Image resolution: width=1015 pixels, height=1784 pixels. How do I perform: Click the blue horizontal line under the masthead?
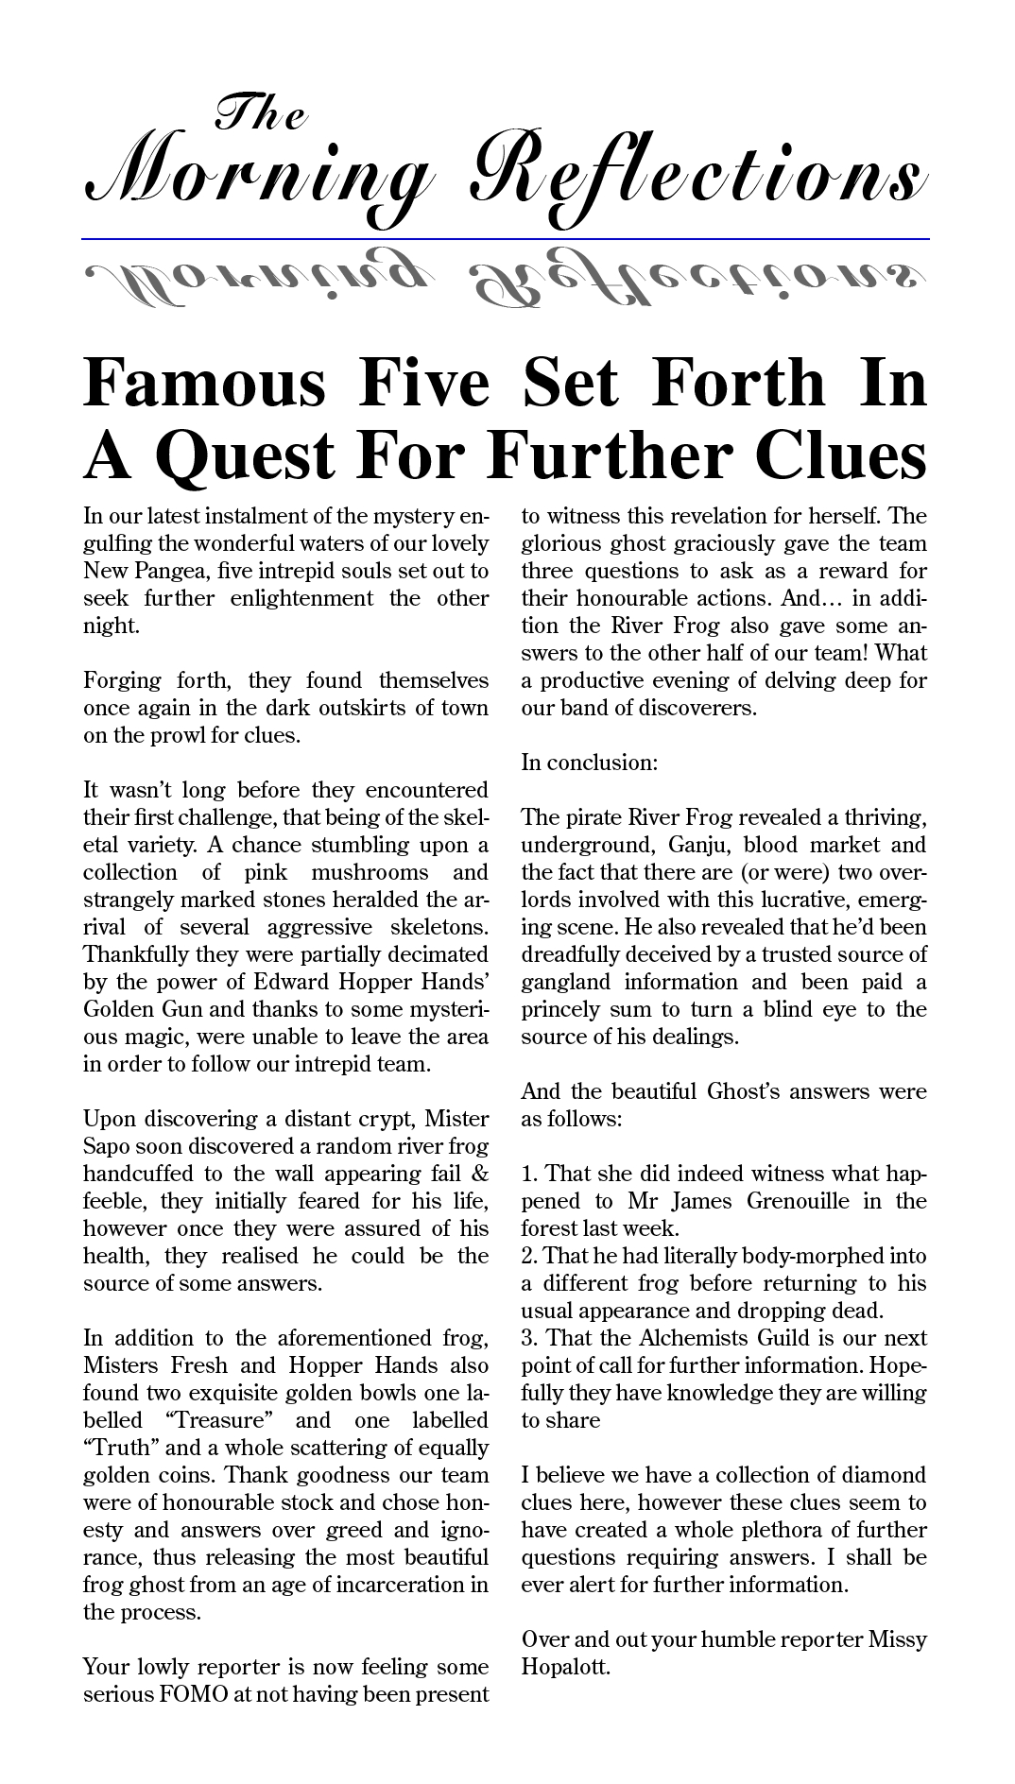506,239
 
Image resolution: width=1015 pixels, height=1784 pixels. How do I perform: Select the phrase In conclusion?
589,763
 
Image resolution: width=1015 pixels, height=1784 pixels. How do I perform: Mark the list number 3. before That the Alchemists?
530,1338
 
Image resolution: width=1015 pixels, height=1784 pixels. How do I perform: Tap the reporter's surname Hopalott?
565,1666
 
